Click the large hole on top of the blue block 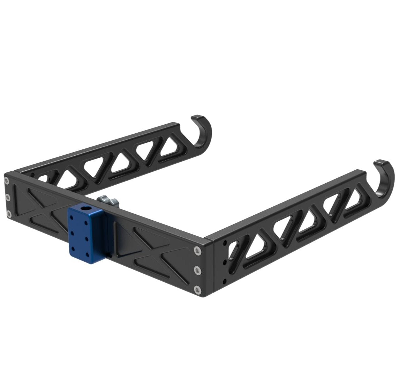coord(86,208)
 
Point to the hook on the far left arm coord(202,133)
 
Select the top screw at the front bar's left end coord(7,180)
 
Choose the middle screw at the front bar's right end coord(198,269)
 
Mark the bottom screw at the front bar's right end coord(198,288)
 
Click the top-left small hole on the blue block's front coord(72,217)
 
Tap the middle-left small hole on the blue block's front coord(72,232)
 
